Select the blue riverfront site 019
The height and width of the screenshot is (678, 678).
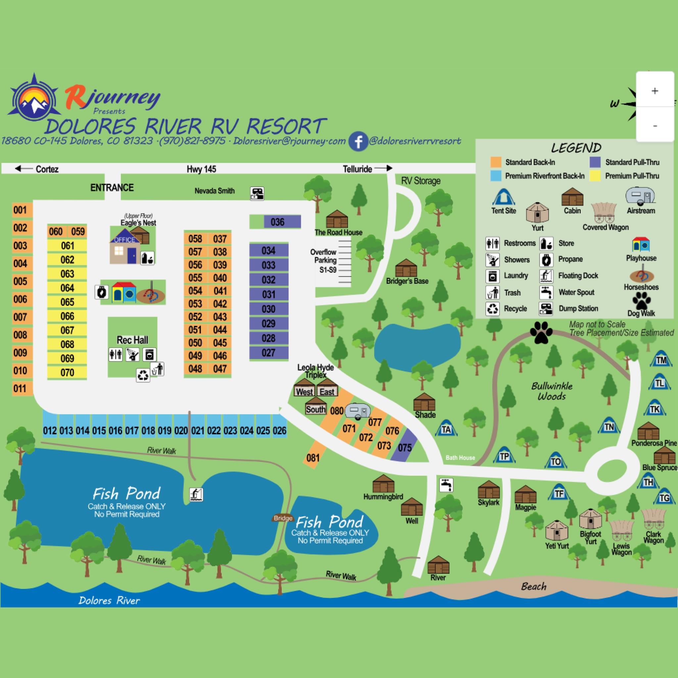165,430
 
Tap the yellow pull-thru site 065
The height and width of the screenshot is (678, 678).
68,302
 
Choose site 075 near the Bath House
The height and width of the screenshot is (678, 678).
405,448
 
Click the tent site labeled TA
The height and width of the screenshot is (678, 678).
446,429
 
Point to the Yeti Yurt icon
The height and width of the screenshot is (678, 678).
557,530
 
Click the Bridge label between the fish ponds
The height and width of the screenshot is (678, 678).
283,518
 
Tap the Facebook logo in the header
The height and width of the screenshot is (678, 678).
358,141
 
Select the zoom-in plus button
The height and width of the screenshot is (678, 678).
654,91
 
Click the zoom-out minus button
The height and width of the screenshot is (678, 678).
654,125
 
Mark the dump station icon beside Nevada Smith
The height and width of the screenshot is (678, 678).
257,193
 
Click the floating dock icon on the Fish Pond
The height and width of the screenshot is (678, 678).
196,495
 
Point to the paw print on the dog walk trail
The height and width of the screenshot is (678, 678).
541,332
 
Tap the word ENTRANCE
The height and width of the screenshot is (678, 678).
112,188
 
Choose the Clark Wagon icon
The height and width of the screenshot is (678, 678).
653,519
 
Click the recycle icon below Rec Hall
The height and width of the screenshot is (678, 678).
143,375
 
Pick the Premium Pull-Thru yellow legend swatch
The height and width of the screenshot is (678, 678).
595,176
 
